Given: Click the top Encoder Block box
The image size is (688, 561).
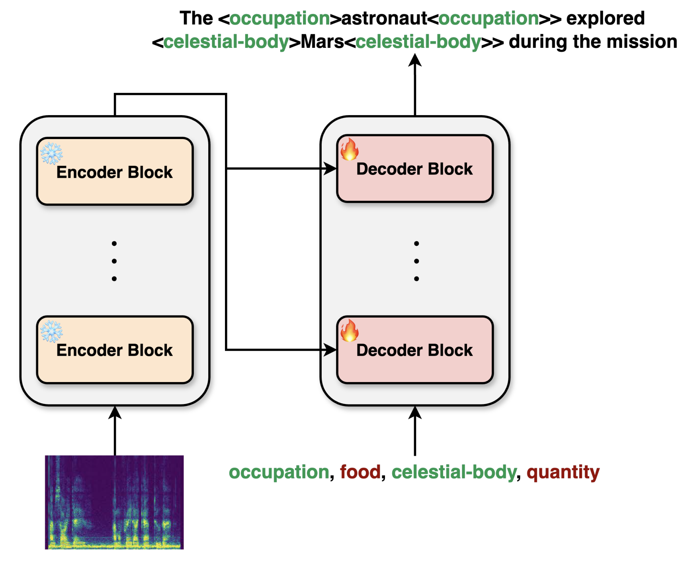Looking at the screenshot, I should tap(115, 171).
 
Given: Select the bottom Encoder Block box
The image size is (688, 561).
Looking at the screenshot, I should tap(115, 350).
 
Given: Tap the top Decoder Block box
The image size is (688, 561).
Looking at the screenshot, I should tap(415, 169).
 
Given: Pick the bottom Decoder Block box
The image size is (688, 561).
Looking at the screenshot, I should tap(415, 350).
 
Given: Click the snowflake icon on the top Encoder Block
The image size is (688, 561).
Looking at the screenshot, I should tap(52, 153).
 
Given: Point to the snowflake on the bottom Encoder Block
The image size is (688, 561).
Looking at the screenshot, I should tap(52, 331).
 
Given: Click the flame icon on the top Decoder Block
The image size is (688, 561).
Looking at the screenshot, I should tap(349, 149).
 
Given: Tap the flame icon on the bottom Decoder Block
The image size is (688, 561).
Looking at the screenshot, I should tap(349, 330).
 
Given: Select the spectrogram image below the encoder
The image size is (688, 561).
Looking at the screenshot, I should tap(114, 502).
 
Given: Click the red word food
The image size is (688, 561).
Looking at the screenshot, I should tap(360, 472).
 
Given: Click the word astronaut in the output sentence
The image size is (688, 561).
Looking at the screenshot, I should tap(384, 18).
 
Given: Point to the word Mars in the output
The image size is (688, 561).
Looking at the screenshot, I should tap(322, 42).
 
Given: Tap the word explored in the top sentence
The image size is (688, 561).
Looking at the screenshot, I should tap(605, 18).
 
